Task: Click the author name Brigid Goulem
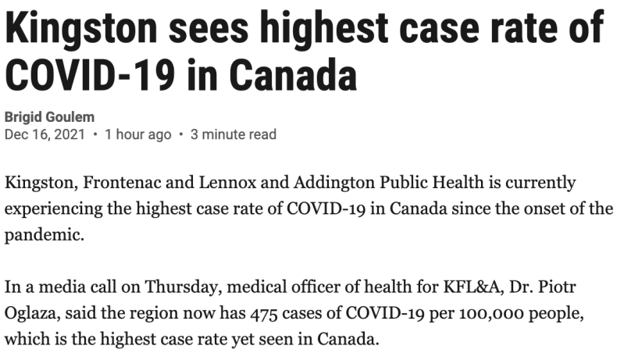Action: click(x=49, y=117)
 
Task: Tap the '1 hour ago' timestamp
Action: click(x=137, y=134)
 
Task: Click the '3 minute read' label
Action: click(x=234, y=134)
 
